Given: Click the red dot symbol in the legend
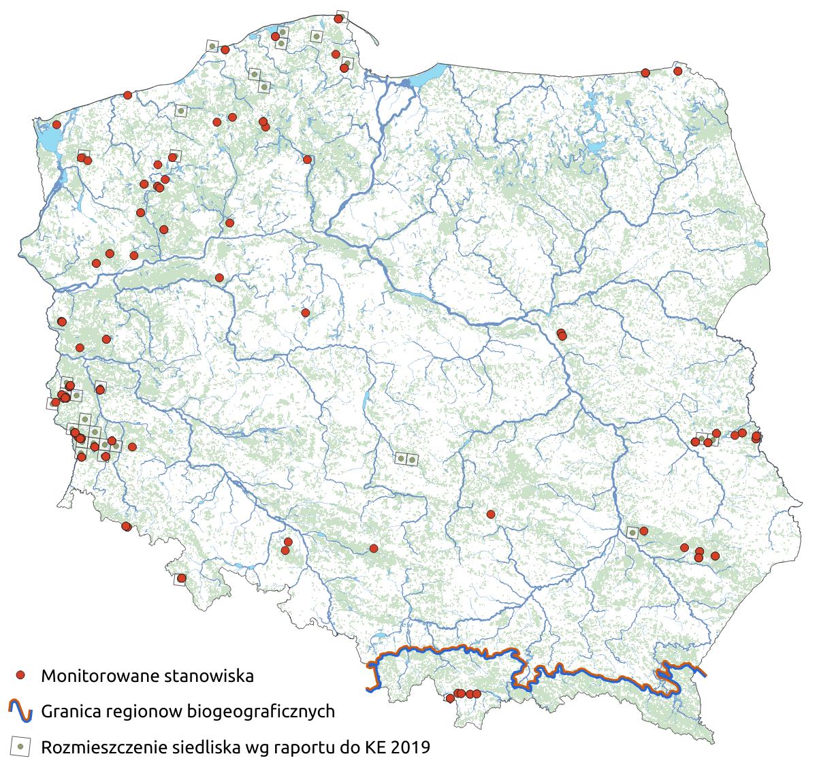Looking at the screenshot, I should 20,675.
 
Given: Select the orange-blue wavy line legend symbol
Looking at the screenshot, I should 20,711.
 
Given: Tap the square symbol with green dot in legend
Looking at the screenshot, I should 20,747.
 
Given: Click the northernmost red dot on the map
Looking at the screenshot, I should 338,19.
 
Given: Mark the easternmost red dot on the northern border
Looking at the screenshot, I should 677,71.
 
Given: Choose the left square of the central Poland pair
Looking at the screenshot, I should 401,459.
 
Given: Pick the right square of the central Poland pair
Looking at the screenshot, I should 412,459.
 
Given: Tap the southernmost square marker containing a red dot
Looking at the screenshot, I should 181,578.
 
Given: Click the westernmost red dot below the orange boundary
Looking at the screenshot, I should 450,698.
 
